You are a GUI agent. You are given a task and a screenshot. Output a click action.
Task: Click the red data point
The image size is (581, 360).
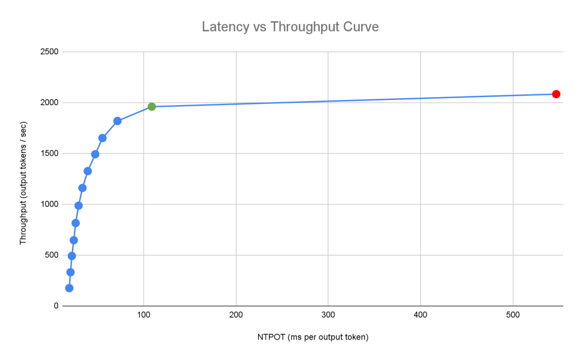pyautogui.click(x=556, y=94)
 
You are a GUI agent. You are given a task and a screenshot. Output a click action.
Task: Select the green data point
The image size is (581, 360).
pyautogui.click(x=151, y=107)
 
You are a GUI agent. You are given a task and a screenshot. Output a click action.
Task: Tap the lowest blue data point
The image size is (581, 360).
pyautogui.click(x=69, y=288)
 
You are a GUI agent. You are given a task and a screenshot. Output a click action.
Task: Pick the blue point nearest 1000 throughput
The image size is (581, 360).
pyautogui.click(x=78, y=206)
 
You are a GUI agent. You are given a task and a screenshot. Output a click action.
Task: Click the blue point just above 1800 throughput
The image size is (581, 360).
pyautogui.click(x=117, y=121)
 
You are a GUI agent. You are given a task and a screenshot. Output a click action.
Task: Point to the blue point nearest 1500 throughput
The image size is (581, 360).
pyautogui.click(x=95, y=154)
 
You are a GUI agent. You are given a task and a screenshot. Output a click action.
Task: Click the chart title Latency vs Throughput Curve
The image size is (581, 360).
pyautogui.click(x=290, y=27)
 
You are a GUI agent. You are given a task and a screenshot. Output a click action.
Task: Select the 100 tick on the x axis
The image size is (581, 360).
pyautogui.click(x=144, y=315)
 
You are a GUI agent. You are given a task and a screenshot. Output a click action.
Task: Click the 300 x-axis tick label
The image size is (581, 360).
pyautogui.click(x=328, y=315)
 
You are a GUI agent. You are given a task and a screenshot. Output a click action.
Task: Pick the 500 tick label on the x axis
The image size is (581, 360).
pyautogui.click(x=513, y=315)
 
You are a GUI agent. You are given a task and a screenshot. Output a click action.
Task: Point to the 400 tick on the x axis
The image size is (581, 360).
pyautogui.click(x=420, y=315)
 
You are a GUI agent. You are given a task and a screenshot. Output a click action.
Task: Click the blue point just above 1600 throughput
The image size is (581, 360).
pyautogui.click(x=102, y=138)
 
